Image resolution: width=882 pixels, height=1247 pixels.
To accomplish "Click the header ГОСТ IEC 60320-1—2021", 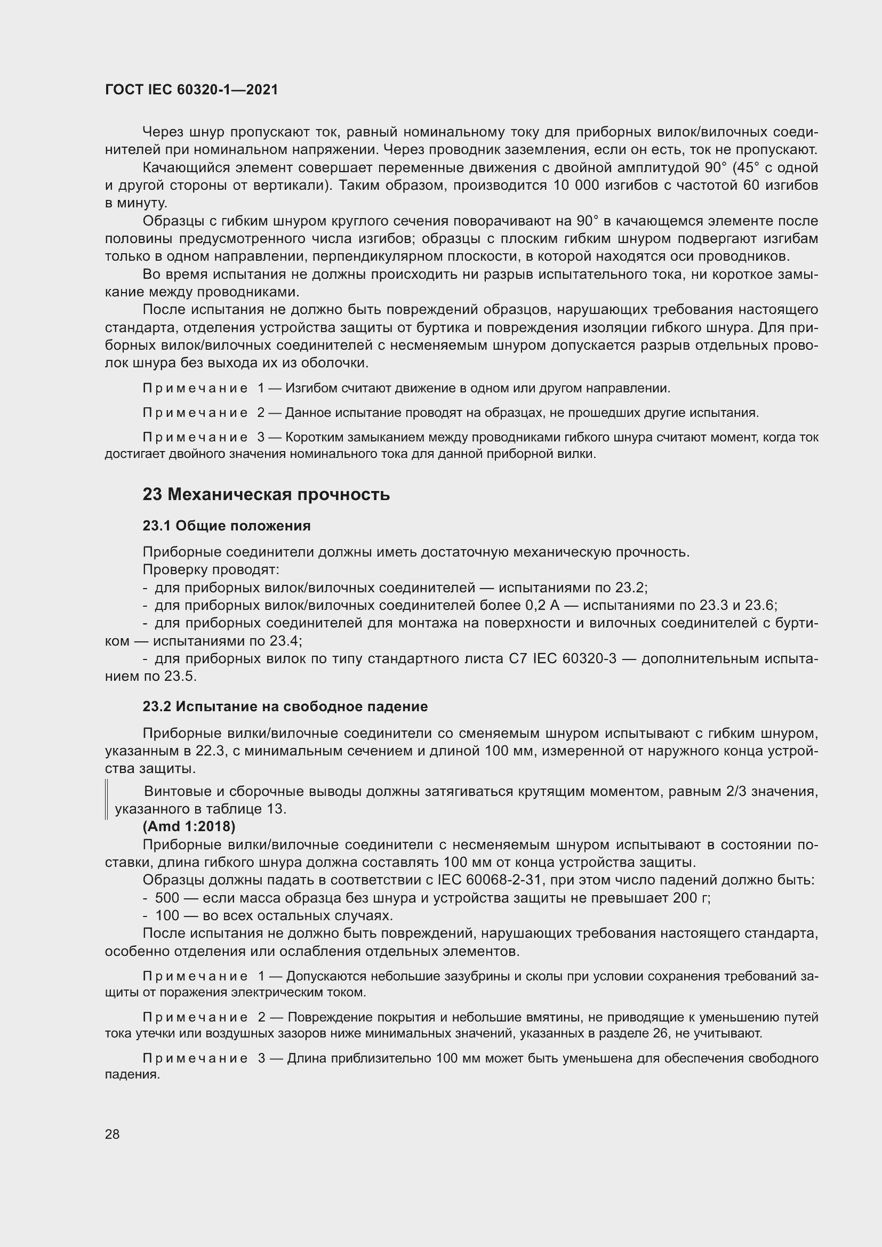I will [191, 90].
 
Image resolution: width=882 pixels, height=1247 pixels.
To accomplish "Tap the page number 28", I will [113, 1134].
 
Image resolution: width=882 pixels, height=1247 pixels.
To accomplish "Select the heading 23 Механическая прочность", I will [266, 495].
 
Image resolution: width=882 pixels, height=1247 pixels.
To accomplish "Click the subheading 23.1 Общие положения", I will [227, 526].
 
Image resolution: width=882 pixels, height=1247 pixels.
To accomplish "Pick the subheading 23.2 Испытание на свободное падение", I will [285, 706].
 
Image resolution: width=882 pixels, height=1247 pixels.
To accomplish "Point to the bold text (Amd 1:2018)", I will [189, 827].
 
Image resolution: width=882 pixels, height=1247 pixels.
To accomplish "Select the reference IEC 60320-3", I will [575, 659].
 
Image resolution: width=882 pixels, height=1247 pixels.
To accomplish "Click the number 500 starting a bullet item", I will [167, 898].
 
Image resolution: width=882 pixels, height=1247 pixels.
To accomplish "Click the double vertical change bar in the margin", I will [107, 800].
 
